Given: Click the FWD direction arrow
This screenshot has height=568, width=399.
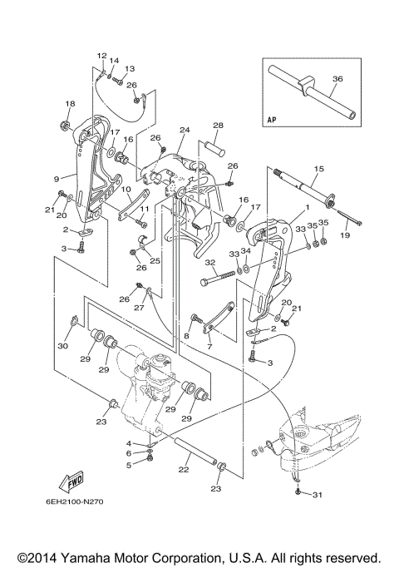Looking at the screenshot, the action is coord(71,482).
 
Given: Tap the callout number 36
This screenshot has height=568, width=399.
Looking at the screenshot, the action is coord(337,79).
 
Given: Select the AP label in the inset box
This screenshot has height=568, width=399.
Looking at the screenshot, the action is coord(272,119).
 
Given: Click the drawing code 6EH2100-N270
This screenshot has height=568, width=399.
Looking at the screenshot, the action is coord(75,501).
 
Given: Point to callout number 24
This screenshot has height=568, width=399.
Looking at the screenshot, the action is coord(185,130).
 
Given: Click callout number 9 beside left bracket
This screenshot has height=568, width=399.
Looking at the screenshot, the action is coord(57,179).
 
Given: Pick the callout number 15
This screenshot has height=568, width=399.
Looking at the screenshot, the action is coord(319,169).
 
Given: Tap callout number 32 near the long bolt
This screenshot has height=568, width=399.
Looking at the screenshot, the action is coord(210,262).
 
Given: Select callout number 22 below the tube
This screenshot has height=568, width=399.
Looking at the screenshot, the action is coord(184,469).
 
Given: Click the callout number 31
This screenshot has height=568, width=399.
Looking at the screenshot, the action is coord(317,495).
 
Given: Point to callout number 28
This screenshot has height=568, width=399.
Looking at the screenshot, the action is coord(218,126).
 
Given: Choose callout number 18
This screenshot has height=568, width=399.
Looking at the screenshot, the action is coord(71,104).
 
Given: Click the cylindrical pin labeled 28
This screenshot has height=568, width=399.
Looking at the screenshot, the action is coord(216,148).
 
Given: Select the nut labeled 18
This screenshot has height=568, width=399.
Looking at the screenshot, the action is coord(66,126).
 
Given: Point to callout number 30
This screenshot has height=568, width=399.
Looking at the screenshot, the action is coord(62,346).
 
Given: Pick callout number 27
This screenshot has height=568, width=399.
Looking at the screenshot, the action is coord(140,307).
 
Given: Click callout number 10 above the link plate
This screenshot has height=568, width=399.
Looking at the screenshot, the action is coord(126,189).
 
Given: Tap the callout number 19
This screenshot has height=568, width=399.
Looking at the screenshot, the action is coord(345,235).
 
